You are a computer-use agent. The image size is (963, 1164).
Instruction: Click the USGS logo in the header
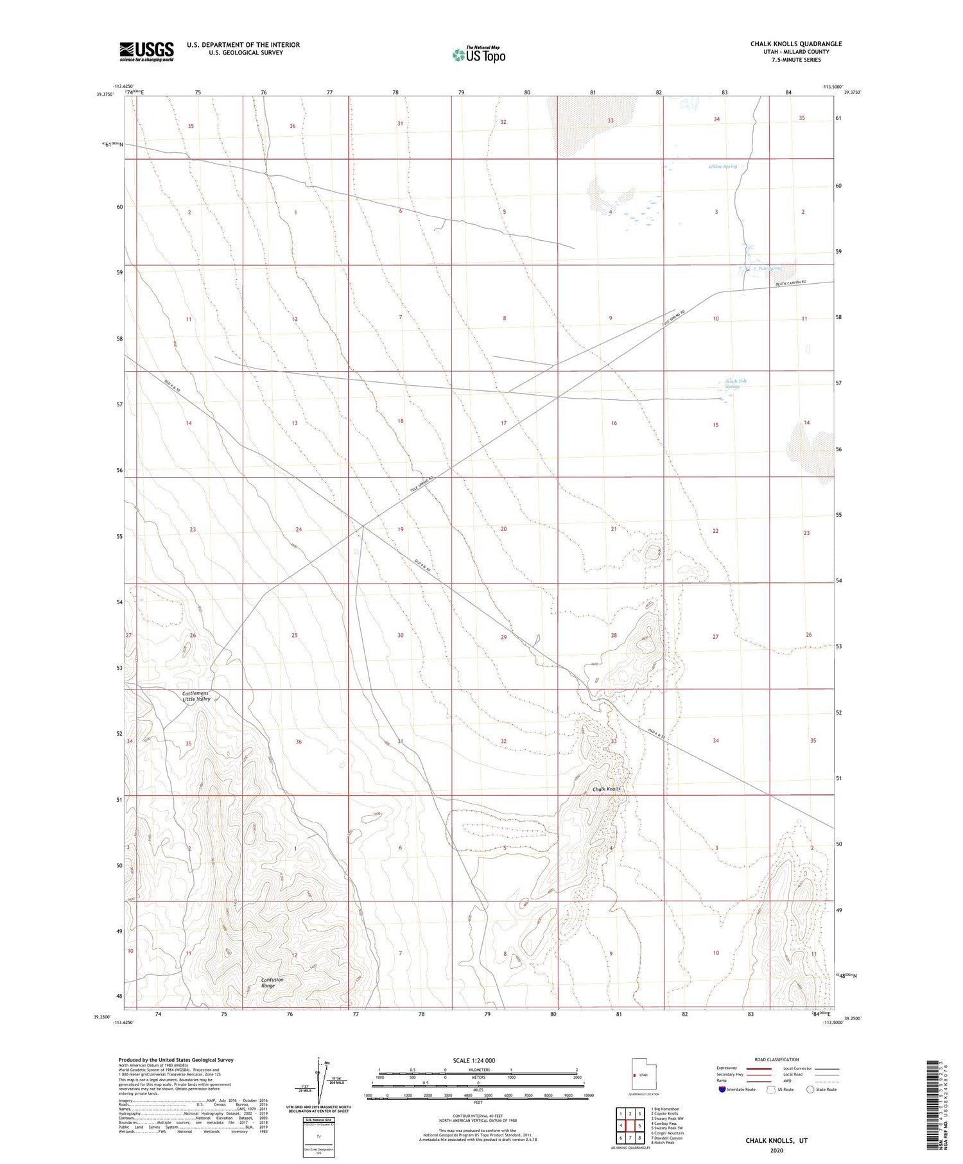point(146,51)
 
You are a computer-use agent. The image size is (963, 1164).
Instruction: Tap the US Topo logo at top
point(478,55)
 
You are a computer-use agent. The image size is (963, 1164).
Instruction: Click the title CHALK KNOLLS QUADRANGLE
point(796,44)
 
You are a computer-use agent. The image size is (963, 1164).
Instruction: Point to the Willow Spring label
point(722,166)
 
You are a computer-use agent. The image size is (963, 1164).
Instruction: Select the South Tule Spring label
point(736,383)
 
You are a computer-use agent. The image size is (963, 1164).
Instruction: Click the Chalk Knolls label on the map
point(607,789)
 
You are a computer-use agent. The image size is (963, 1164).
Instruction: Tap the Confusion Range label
point(272,982)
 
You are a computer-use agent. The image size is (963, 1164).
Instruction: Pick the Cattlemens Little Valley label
point(196,696)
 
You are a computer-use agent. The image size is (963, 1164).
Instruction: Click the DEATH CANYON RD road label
point(790,283)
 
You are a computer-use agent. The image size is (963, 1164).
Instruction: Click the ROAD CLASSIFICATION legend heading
point(777,1059)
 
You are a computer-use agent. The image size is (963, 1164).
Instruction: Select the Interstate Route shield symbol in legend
point(724,1090)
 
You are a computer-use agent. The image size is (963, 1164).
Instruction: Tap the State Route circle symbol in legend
point(810,1090)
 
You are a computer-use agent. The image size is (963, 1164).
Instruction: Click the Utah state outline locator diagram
point(639,1073)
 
